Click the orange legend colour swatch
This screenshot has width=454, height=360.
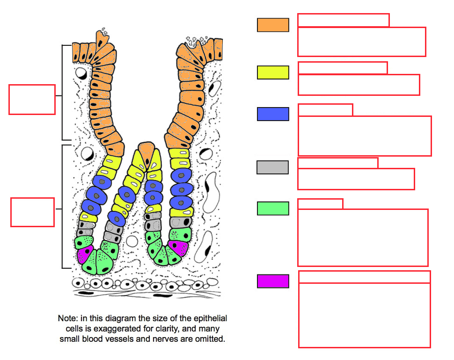point(273,25)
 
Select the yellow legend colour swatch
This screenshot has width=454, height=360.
point(273,72)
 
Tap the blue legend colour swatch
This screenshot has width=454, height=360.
point(273,114)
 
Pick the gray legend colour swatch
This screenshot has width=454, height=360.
point(272,167)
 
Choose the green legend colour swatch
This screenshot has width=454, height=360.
point(273,209)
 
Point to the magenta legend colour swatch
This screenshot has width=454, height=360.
point(273,281)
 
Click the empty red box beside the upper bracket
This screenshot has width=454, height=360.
point(32,100)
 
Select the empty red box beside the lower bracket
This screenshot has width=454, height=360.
point(32,212)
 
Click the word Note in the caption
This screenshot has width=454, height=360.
point(67,318)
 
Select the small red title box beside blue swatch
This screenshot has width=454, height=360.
point(325,110)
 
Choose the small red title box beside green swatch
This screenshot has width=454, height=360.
point(320,204)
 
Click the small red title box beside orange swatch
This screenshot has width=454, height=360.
point(344,20)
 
